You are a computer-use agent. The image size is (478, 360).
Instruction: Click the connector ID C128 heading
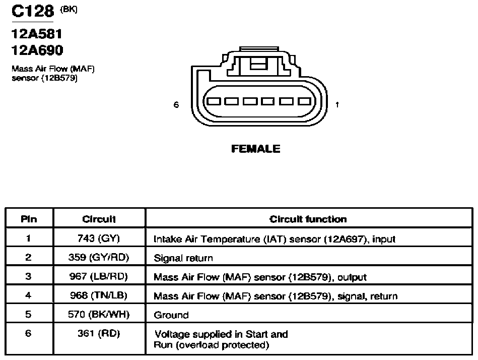[33, 11]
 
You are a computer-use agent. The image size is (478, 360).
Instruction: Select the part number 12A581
[37, 34]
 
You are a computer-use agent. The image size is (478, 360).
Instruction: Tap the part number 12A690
[37, 50]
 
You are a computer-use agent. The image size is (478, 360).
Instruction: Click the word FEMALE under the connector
[256, 149]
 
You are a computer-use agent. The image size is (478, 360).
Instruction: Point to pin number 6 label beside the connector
[176, 105]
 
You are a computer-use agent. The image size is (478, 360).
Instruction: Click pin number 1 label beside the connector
[337, 105]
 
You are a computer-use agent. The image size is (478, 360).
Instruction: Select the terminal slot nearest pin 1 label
[305, 101]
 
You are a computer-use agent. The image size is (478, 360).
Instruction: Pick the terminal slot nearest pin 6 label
[214, 101]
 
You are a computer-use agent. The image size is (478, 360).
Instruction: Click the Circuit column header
[99, 219]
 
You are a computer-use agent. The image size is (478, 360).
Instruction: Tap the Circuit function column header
[308, 219]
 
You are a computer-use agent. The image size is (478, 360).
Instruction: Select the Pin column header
[29, 219]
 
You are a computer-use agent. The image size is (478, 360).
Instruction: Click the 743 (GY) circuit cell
[99, 238]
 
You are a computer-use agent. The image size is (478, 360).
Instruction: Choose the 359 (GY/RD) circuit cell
[99, 258]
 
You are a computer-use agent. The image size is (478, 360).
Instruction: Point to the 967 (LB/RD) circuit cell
[99, 276]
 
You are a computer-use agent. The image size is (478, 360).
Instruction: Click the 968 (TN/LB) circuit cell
[99, 295]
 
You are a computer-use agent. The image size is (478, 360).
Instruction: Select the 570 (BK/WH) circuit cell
[99, 314]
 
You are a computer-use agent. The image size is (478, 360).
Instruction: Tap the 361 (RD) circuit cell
[99, 333]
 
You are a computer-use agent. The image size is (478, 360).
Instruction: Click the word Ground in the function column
[171, 315]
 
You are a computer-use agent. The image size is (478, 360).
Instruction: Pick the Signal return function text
[183, 258]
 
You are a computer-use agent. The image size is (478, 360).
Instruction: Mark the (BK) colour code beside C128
[69, 10]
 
